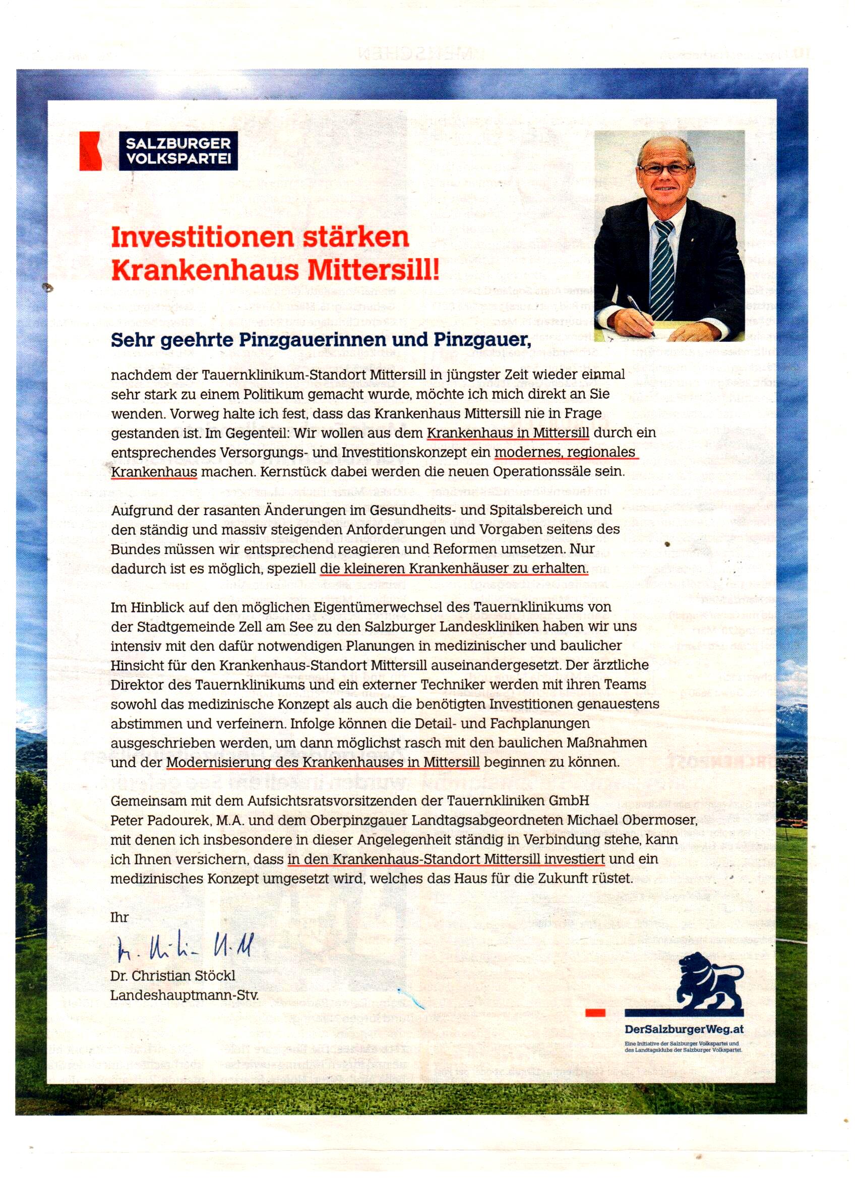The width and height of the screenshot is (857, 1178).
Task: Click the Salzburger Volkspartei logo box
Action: (x=178, y=151)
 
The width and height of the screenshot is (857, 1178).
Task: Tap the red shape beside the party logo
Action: (x=90, y=151)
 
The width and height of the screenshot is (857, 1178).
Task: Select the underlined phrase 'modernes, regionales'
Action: (x=565, y=452)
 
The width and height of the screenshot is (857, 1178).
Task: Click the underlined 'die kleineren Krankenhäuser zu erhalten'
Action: (x=454, y=568)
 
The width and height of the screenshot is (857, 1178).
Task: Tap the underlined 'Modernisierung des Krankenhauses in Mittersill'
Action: (x=323, y=763)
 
